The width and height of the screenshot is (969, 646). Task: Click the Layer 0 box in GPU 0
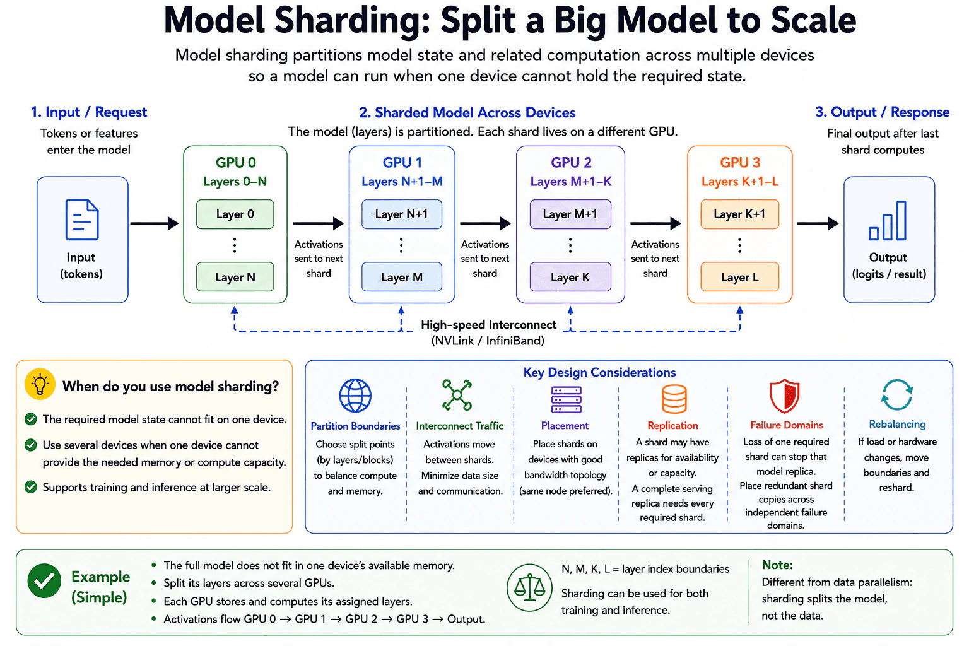[235, 214]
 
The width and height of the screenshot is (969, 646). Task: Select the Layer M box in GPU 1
[402, 277]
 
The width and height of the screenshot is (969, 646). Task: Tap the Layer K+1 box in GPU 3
[740, 214]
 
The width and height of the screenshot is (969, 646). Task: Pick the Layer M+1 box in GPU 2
[570, 214]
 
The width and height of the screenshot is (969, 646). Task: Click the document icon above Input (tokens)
[82, 220]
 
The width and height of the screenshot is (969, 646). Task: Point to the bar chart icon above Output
[888, 220]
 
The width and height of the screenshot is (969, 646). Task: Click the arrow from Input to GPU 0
[155, 223]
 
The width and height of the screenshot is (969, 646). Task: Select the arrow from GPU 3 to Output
[818, 223]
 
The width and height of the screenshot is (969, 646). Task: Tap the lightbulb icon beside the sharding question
[40, 384]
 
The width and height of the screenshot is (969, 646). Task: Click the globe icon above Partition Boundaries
[355, 396]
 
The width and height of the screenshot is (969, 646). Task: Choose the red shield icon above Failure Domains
[784, 396]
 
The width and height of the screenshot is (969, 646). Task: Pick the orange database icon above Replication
[674, 399]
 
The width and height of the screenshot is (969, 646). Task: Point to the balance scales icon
[529, 587]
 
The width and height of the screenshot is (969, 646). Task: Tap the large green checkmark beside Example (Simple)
[44, 580]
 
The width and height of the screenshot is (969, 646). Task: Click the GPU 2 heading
[571, 163]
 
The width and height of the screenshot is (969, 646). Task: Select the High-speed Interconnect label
[488, 325]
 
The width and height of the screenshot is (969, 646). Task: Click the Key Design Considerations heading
[599, 373]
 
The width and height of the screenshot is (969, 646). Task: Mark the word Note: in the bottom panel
[777, 565]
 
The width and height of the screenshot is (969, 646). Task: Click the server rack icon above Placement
[567, 399]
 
